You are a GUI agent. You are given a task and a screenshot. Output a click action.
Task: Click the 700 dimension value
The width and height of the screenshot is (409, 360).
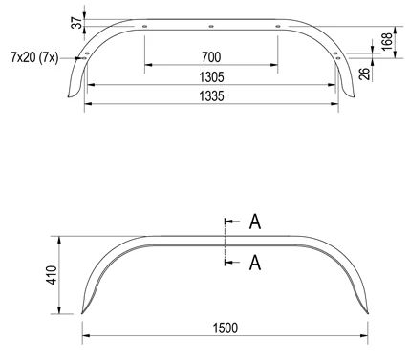click(211, 57)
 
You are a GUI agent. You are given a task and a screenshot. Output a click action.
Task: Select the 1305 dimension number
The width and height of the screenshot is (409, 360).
click(212, 77)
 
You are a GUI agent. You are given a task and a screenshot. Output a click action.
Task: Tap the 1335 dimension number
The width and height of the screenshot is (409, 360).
click(212, 95)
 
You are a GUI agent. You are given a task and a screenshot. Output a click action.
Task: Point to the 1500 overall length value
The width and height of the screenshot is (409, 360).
click(226, 328)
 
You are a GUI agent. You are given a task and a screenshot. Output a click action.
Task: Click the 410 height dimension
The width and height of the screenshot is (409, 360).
click(53, 275)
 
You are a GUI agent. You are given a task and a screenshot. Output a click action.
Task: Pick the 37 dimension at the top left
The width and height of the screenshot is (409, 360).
click(77, 23)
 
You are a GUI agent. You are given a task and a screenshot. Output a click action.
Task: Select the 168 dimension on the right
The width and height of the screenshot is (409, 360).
click(387, 41)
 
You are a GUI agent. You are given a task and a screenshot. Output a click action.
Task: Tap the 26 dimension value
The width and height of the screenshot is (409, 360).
click(365, 74)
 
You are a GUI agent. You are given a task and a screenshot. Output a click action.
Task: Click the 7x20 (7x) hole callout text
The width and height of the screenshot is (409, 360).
click(34, 58)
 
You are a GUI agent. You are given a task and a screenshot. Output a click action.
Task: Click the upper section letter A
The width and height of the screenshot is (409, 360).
click(255, 222)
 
